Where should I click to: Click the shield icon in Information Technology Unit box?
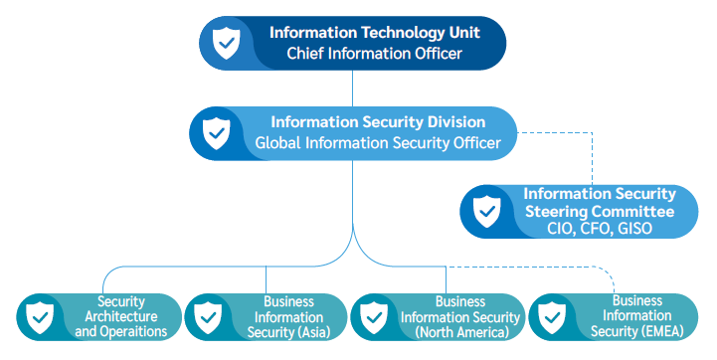click(228, 43)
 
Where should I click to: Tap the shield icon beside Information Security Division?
click(216, 132)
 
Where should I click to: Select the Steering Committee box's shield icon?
click(486, 211)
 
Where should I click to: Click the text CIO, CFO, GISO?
click(599, 229)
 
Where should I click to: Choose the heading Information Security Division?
click(378, 122)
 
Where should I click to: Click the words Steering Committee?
click(599, 211)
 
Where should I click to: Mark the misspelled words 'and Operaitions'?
click(120, 331)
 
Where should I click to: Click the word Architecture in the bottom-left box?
click(120, 316)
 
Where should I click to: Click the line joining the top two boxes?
click(352, 89)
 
